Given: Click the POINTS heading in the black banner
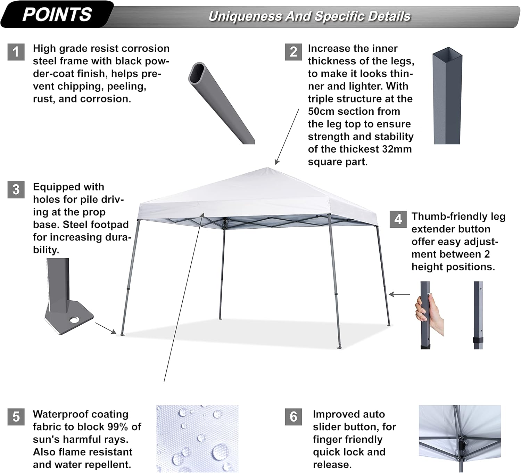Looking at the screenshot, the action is [57, 15].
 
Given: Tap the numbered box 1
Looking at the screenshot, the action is [16, 52].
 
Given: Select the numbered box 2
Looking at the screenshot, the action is [293, 52].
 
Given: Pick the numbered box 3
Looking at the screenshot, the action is [16, 190].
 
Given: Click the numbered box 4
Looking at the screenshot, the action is [398, 219].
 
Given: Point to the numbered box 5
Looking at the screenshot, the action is [16, 417].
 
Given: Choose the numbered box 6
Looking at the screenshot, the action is [293, 417].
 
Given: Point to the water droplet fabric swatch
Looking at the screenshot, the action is [197, 438].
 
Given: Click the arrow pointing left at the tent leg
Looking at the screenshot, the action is [399, 294].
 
